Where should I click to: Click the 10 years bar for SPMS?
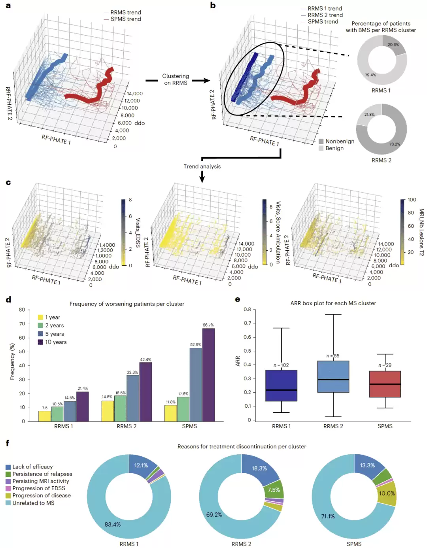pos(208,375)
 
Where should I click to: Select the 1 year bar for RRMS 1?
pos(45,416)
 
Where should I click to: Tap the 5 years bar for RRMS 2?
pos(133,398)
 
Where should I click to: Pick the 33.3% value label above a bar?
pos(132,372)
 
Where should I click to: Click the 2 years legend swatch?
pos(40,325)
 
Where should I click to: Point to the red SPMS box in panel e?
pos(385,384)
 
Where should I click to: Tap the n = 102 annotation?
pos(281,365)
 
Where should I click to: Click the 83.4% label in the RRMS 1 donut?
pos(113,524)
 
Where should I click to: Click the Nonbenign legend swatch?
pos(321,141)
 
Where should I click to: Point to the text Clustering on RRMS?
pos(176,79)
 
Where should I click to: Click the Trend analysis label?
pos(202,166)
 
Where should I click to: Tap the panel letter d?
pos(9,299)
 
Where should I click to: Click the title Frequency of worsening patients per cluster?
pos(127,304)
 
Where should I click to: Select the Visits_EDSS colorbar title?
pos(138,232)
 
